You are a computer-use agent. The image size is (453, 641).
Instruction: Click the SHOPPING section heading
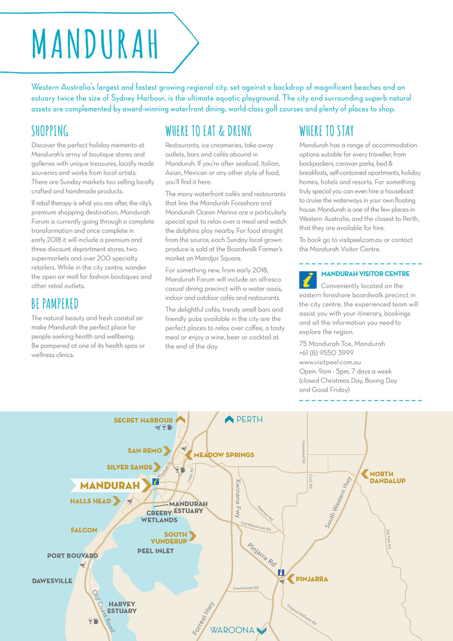[x=50, y=131]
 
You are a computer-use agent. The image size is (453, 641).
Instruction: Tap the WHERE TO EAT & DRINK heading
[x=208, y=131]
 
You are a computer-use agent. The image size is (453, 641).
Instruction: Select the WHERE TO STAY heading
[x=326, y=131]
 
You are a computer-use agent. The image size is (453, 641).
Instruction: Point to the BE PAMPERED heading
[x=55, y=303]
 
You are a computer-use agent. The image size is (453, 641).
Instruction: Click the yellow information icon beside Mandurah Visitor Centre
[x=307, y=280]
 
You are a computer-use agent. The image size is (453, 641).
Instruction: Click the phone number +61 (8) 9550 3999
[x=326, y=353]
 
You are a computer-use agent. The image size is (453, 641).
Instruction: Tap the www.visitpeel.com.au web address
[x=330, y=362]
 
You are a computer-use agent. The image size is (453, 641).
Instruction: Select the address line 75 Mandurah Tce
[x=342, y=343]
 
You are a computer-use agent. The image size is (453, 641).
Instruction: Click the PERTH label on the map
[x=249, y=419]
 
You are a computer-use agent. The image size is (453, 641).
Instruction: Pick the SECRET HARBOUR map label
[x=143, y=420]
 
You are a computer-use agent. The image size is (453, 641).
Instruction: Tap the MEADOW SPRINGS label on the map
[x=224, y=455]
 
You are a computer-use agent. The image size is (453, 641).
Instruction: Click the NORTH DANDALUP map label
[x=387, y=477]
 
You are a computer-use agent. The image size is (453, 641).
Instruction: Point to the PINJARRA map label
[x=312, y=579]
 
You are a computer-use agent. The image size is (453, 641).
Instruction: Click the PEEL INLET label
[x=156, y=551]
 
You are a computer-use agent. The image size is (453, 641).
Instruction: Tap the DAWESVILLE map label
[x=52, y=581]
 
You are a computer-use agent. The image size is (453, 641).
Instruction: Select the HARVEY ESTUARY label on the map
[x=122, y=608]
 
